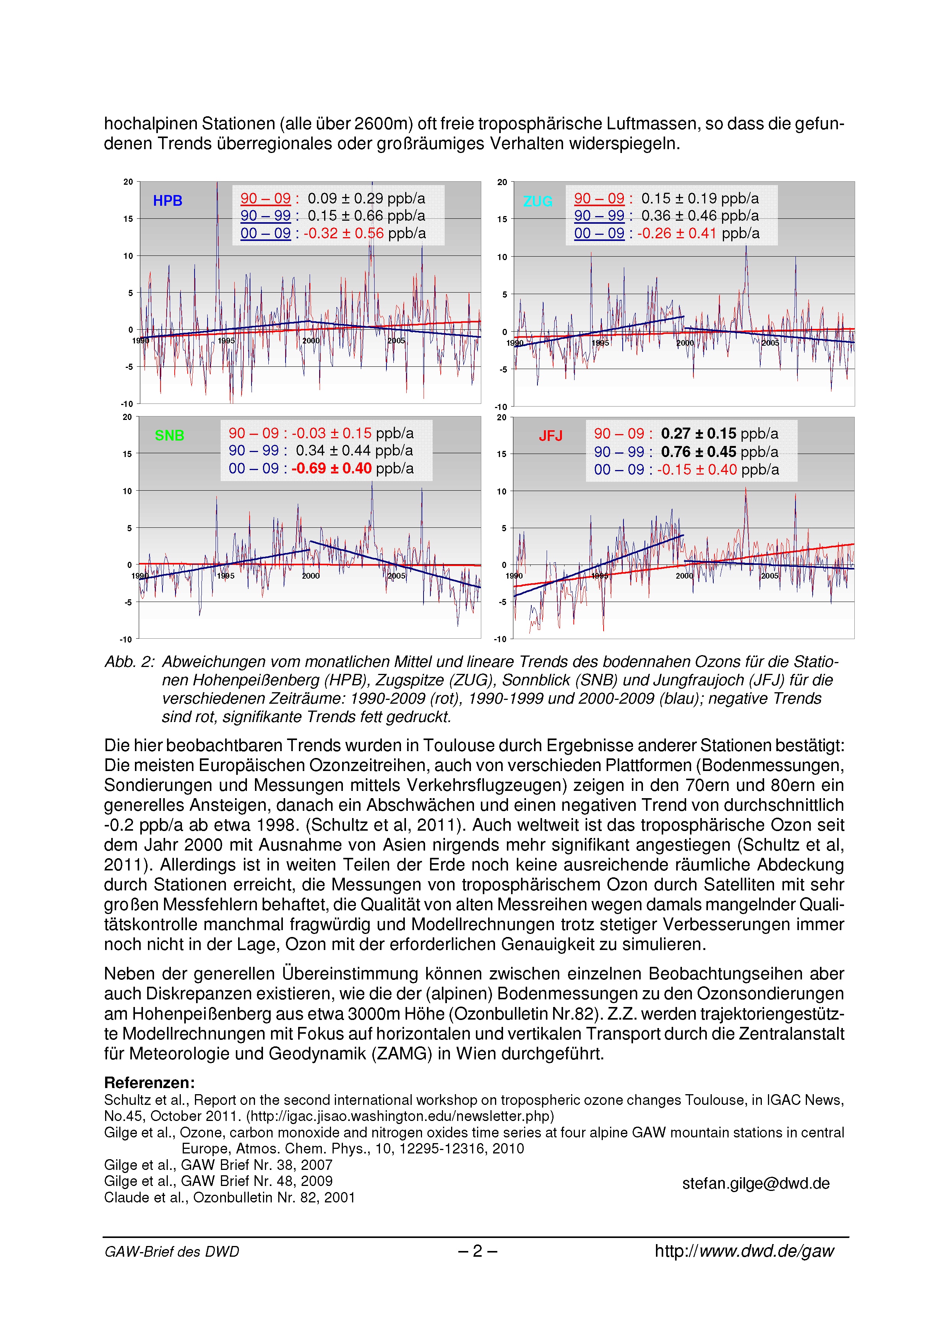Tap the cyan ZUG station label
[537, 201]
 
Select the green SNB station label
[169, 436]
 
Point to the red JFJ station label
[550, 436]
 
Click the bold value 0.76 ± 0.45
[699, 452]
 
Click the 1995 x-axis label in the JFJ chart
[600, 576]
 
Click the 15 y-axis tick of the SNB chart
[127, 454]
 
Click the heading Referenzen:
[149, 1082]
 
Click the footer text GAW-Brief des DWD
[172, 1251]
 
